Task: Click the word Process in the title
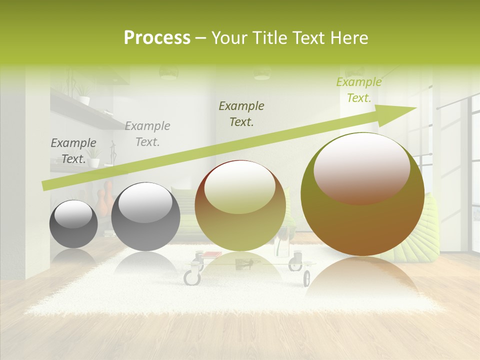157,38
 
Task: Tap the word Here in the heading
348,38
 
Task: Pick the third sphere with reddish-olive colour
240,206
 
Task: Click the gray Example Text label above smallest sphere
73,151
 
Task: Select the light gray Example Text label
147,133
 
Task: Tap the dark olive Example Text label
241,113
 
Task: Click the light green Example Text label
359,90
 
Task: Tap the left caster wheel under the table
191,276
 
